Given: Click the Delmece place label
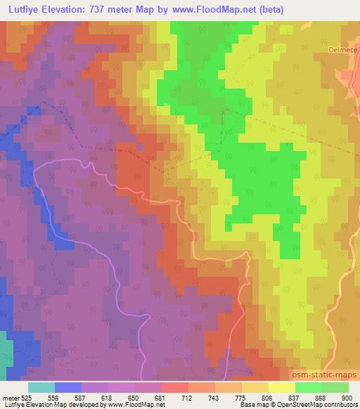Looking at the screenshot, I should point(344,50).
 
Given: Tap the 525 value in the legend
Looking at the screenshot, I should point(25,397).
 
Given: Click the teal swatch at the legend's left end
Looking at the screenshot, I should point(41,387).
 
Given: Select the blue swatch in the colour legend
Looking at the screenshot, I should point(68,387).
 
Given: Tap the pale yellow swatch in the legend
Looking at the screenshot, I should point(282,387).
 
